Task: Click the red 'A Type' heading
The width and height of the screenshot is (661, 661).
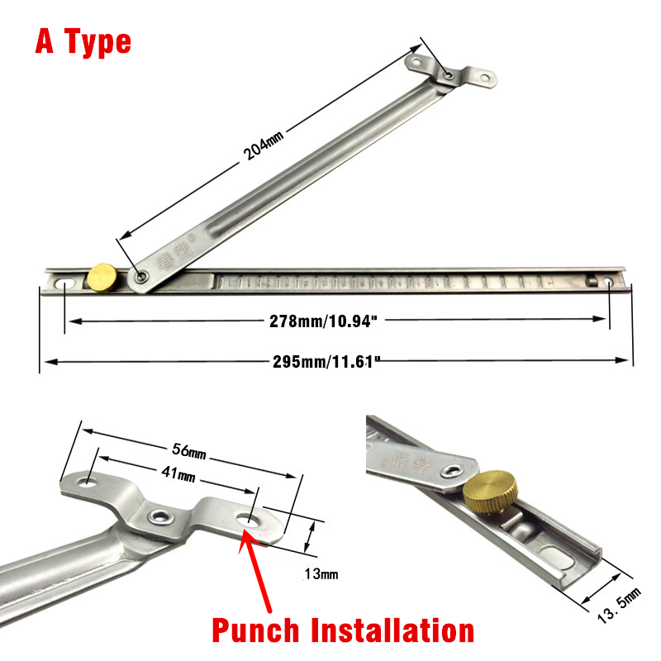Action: coord(83,40)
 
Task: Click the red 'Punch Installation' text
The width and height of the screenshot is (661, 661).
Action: coord(343,630)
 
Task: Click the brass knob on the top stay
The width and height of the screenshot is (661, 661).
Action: coord(103,275)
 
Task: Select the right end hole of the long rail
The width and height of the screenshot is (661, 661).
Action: coord(610,283)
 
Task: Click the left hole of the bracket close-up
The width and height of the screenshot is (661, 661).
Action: coord(87,482)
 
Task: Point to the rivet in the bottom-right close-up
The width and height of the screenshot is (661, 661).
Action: coord(452,470)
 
